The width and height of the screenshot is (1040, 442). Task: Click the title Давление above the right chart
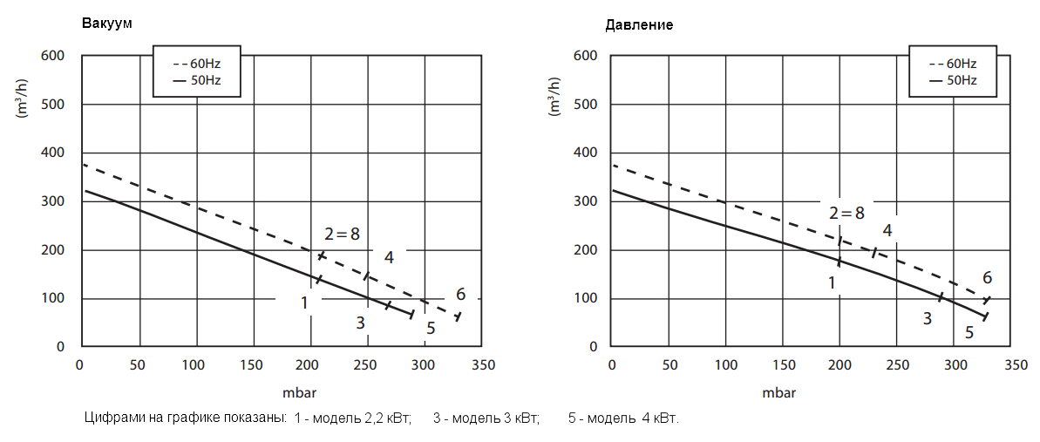(639, 25)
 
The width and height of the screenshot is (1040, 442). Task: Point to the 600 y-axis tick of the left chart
(53, 56)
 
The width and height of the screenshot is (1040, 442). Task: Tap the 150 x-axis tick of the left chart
(252, 364)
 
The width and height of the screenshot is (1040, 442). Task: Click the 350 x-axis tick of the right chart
(1011, 364)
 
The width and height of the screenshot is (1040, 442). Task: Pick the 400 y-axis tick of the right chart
(585, 153)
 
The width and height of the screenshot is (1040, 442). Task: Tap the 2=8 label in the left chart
(342, 234)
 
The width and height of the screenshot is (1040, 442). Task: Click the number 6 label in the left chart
(460, 294)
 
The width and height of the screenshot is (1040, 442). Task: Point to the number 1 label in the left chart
(305, 303)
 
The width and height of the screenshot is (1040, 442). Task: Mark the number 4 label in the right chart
(887, 230)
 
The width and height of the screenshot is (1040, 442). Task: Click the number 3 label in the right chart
(928, 318)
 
